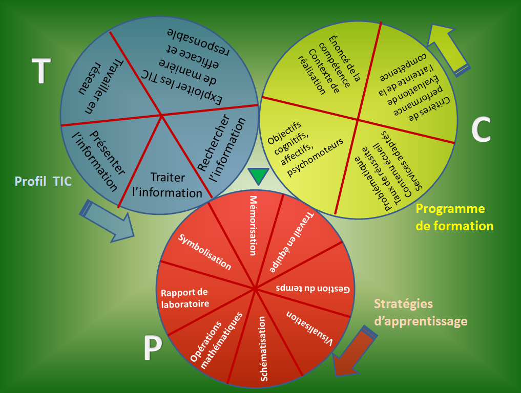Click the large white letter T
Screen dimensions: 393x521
(x=41, y=71)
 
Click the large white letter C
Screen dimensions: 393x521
(x=481, y=130)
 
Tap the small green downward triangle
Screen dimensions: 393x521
(x=258, y=176)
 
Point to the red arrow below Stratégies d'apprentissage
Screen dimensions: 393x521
(x=354, y=353)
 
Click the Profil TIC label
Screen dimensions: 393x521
(x=43, y=181)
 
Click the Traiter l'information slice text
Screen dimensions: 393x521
(x=168, y=185)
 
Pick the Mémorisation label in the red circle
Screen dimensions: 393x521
(x=253, y=225)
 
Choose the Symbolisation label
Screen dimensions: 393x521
(x=205, y=252)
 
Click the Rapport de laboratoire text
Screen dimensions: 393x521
(x=185, y=298)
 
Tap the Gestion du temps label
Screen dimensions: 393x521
(x=313, y=288)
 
